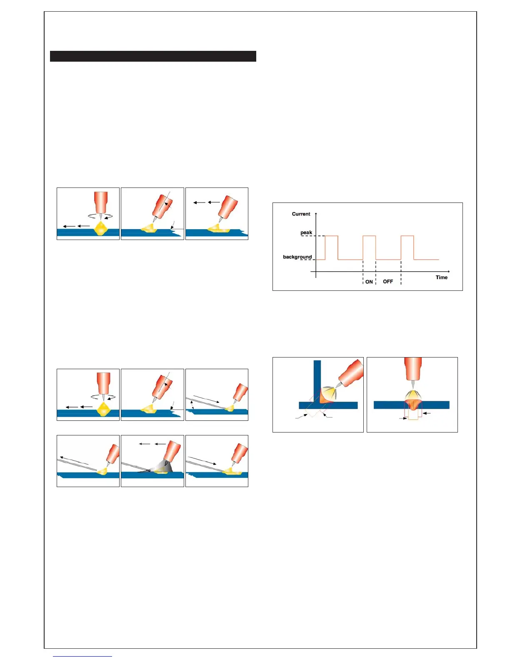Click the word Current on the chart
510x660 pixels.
(x=301, y=214)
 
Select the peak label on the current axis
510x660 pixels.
(x=306, y=232)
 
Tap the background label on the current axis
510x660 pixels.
(x=297, y=257)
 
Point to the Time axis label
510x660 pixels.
(x=441, y=277)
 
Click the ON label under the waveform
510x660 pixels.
(x=369, y=282)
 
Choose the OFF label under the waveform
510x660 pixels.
(x=388, y=282)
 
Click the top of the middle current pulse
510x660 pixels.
(x=369, y=236)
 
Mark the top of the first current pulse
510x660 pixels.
(x=331, y=236)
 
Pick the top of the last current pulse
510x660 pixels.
(x=407, y=236)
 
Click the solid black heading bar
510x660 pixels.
(x=153, y=56)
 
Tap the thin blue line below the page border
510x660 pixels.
(x=82, y=656)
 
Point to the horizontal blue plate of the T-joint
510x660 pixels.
(x=337, y=405)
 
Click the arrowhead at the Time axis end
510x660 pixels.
(x=448, y=272)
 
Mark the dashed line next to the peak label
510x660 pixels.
(x=312, y=236)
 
